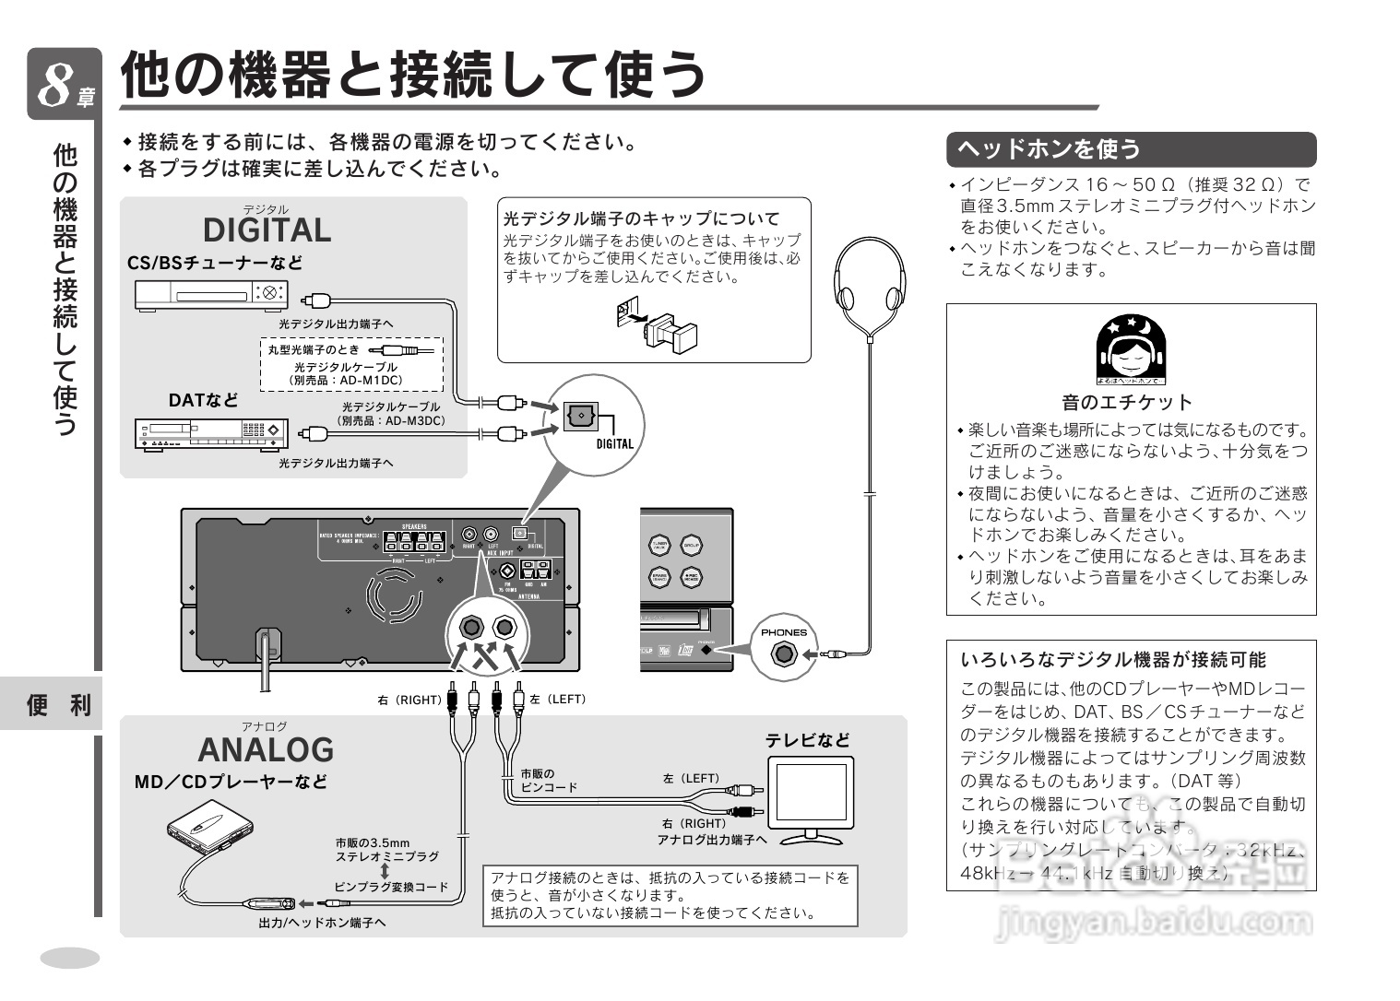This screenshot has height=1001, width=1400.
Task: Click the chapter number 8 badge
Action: (64, 85)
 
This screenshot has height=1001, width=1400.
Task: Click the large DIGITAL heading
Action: (267, 230)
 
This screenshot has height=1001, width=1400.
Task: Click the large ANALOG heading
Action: (266, 749)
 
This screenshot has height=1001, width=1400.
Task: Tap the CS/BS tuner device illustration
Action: (211, 295)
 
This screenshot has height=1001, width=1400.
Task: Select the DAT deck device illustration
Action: (211, 433)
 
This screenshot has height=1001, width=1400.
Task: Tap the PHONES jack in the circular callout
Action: (784, 655)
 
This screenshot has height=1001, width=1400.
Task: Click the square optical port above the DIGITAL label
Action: (580, 417)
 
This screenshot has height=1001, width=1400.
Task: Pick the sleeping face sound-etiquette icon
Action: (1131, 349)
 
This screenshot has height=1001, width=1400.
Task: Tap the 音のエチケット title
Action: (1127, 402)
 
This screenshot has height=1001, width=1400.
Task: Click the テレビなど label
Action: (807, 740)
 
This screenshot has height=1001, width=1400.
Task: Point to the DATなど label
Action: (203, 401)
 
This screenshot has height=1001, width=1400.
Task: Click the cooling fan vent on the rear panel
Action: (395, 595)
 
